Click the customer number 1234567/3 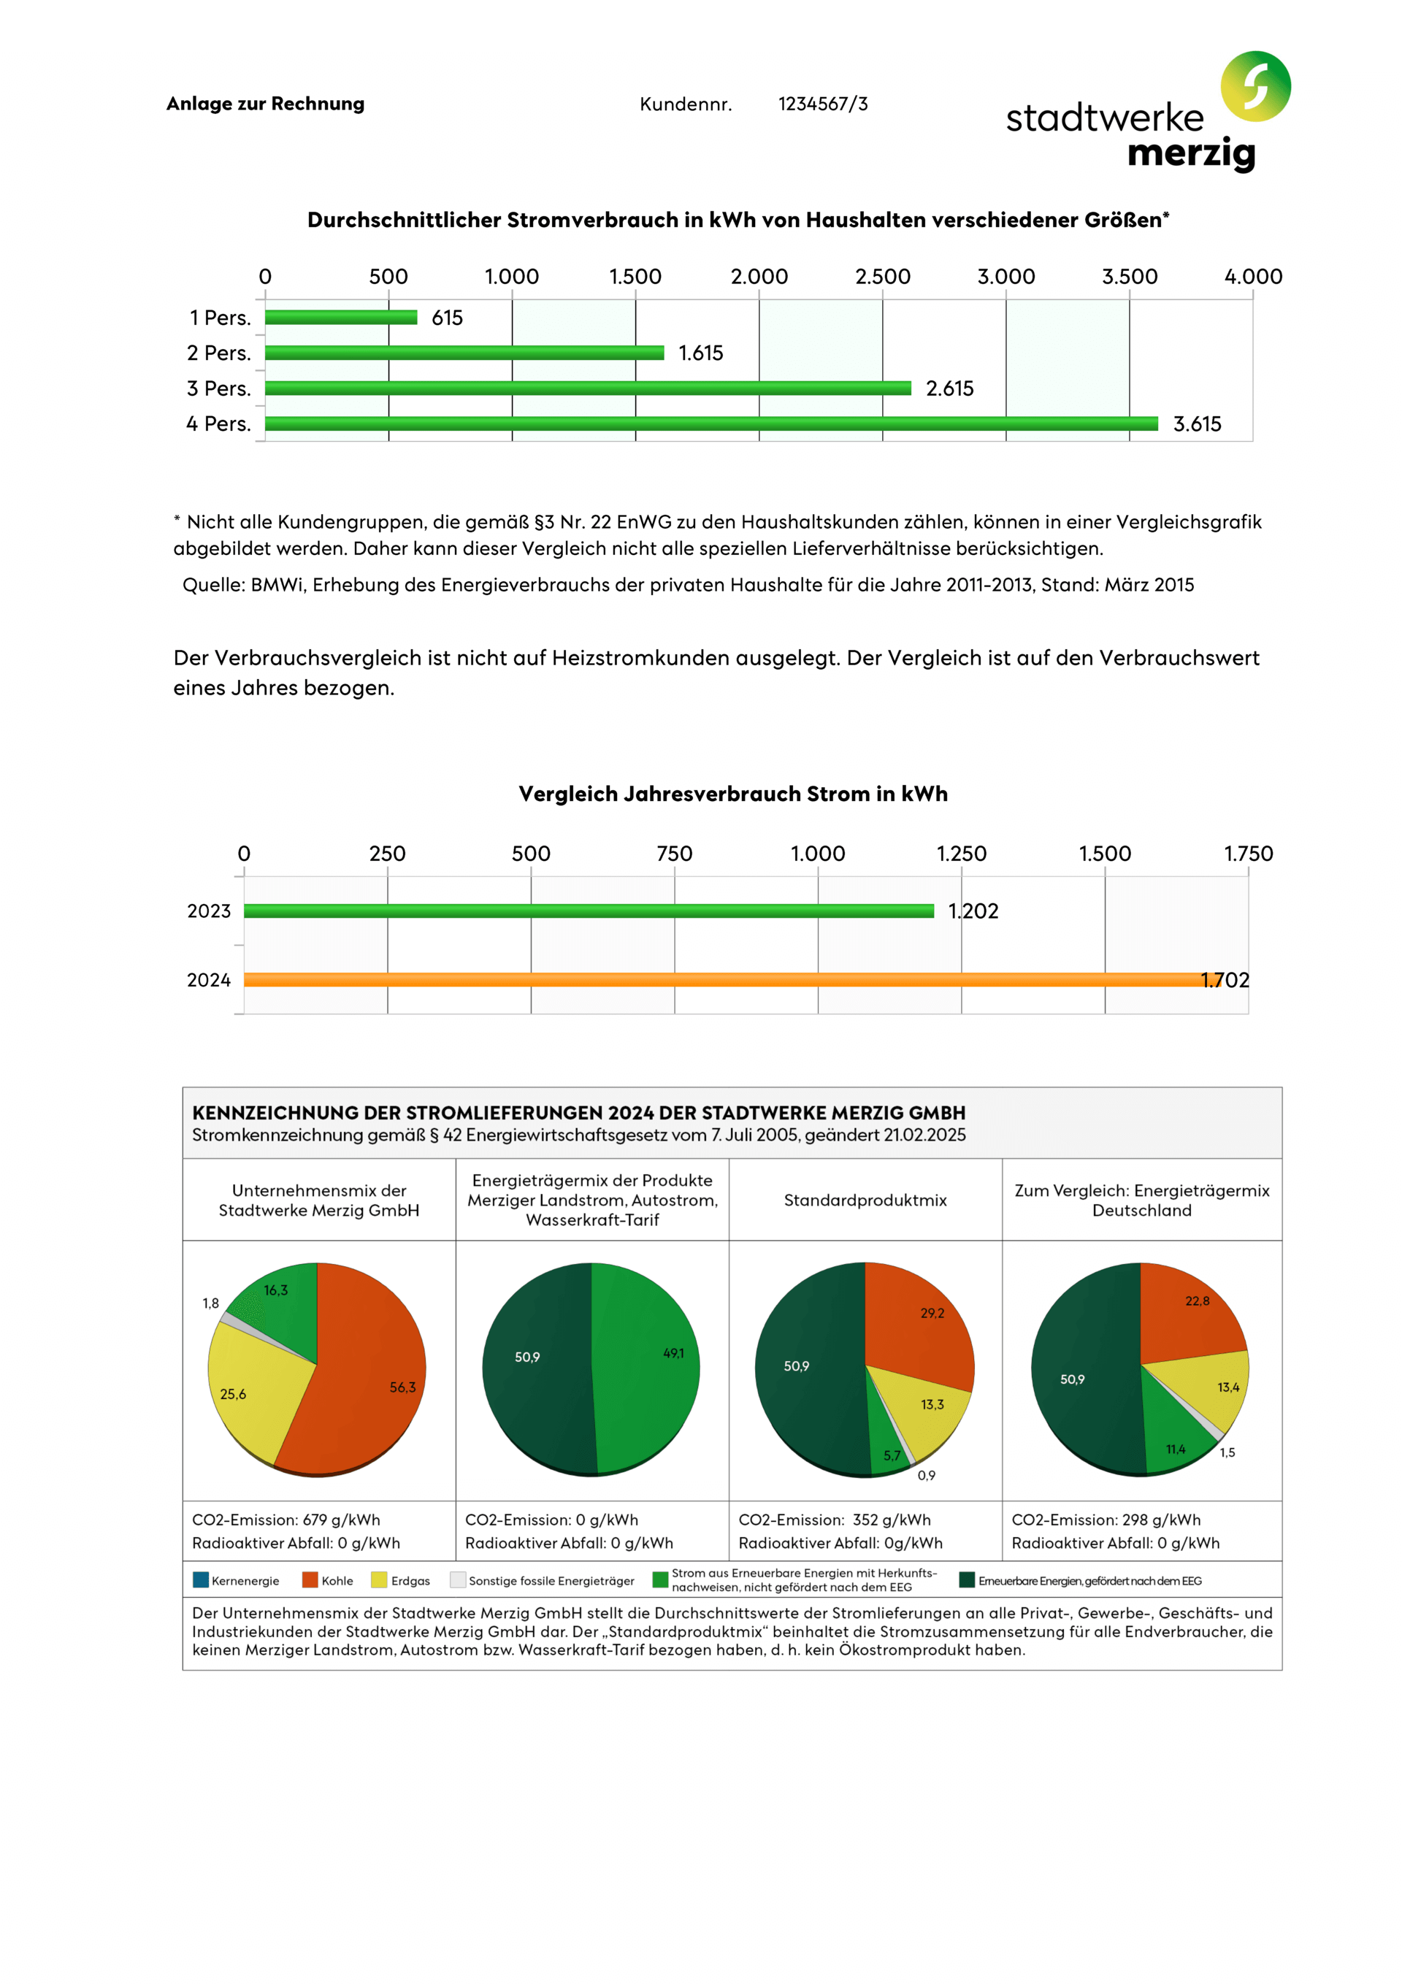(822, 104)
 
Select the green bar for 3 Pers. (588, 388)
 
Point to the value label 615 (447, 318)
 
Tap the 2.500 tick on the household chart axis (883, 277)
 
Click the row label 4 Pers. (218, 424)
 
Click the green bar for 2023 (588, 910)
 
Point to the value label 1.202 (973, 911)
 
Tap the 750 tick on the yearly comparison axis (674, 854)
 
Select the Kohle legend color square (310, 1579)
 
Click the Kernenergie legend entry (236, 1580)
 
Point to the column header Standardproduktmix (865, 1200)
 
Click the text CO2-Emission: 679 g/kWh (286, 1519)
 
